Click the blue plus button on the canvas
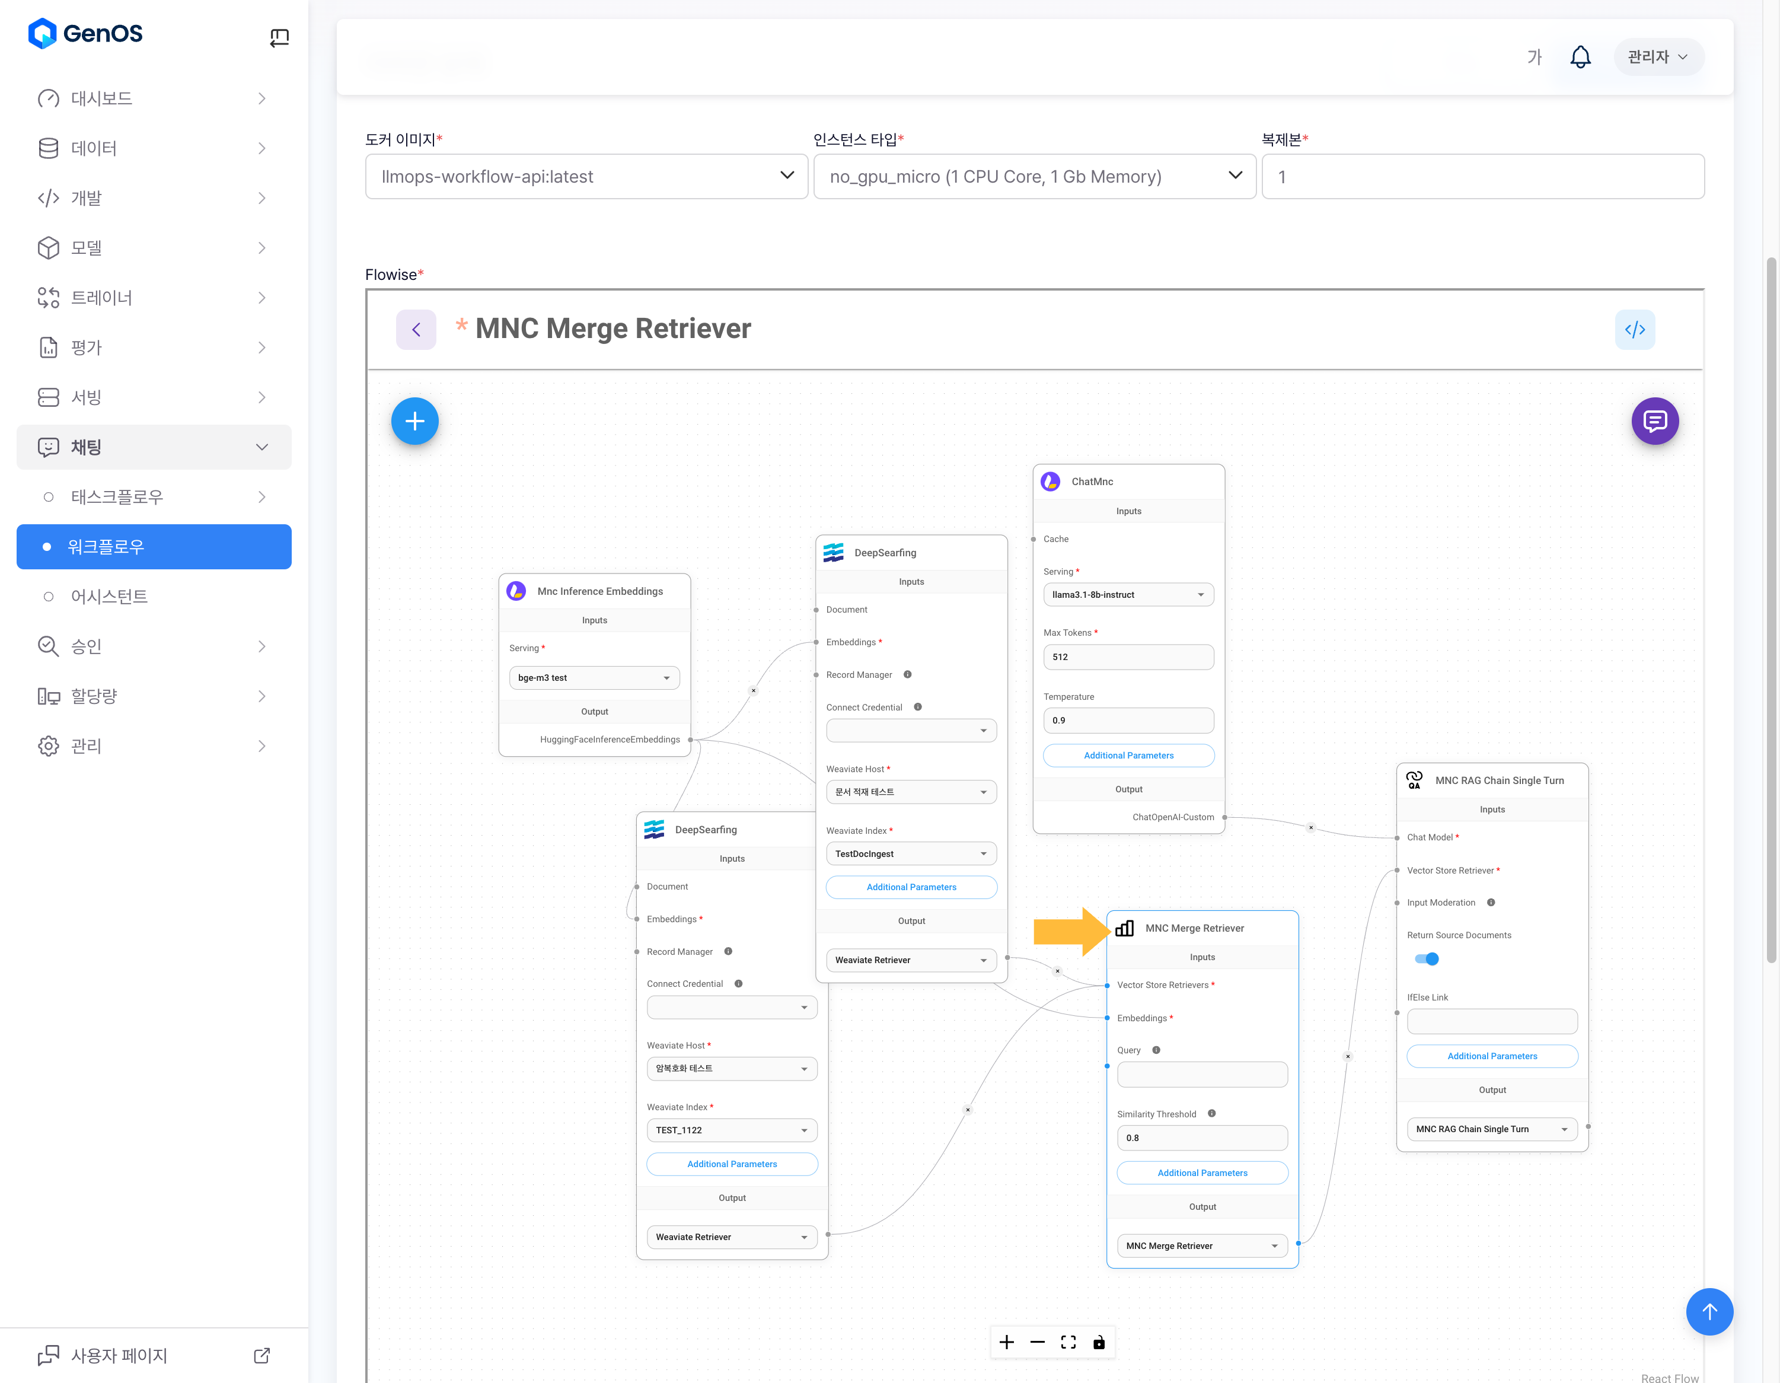click(x=415, y=421)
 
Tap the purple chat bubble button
click(x=1654, y=421)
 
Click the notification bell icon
click(x=1580, y=57)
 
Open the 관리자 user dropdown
click(x=1658, y=57)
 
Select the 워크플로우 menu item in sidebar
click(x=154, y=547)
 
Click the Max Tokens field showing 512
click(x=1128, y=657)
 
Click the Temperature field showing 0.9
click(x=1128, y=721)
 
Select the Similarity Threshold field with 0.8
click(x=1201, y=1137)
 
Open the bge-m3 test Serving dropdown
click(x=594, y=678)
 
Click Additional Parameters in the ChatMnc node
click(x=1128, y=756)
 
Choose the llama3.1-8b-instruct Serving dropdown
click(x=1128, y=595)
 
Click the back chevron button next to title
click(x=416, y=330)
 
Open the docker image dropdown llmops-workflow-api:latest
click(x=586, y=177)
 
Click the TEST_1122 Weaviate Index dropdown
click(x=731, y=1130)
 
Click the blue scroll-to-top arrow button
click(x=1709, y=1311)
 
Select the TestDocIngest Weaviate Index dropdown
click(x=910, y=854)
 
